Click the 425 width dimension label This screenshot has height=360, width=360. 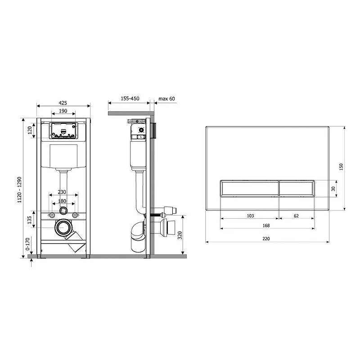[x=63, y=103]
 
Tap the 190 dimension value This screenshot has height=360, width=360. [x=63, y=111]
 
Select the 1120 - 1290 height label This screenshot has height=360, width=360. [x=19, y=189]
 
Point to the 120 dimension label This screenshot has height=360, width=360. [x=30, y=130]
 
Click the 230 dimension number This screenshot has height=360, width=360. [x=62, y=192]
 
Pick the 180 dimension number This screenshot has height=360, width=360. [x=62, y=201]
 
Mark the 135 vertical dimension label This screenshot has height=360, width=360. [x=29, y=220]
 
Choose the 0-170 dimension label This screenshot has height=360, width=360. [x=27, y=244]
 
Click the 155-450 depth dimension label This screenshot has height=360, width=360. [x=130, y=99]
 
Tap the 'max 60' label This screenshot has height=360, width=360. [x=166, y=99]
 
